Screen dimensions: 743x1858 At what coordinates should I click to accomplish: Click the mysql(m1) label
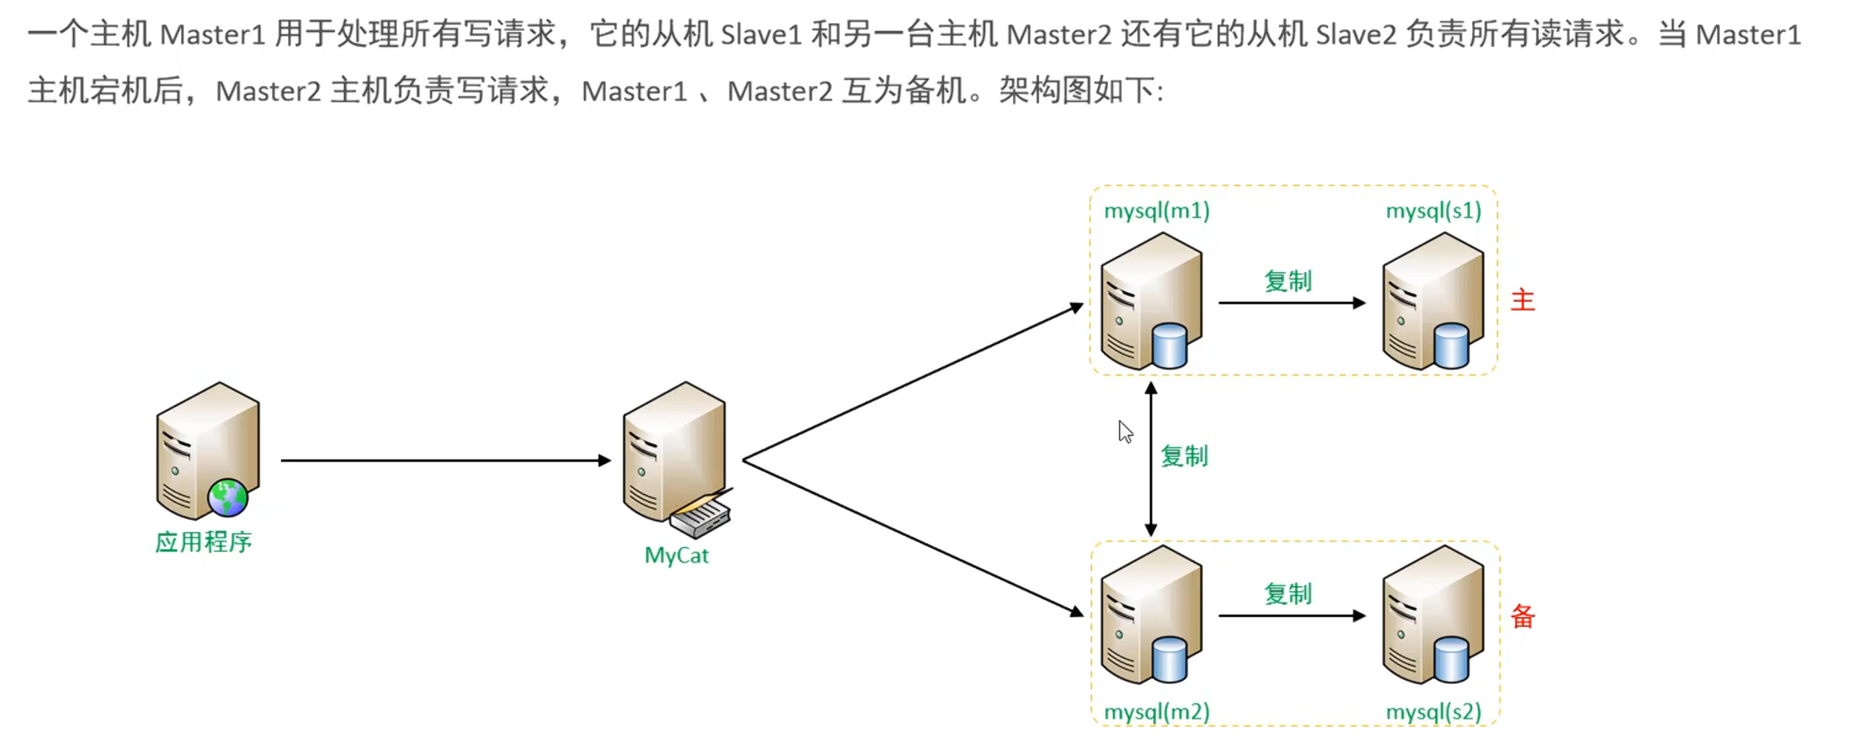pyautogui.click(x=1157, y=211)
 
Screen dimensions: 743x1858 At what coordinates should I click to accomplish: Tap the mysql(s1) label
pyautogui.click(x=1434, y=211)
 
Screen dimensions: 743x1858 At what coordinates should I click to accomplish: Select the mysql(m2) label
pyautogui.click(x=1157, y=712)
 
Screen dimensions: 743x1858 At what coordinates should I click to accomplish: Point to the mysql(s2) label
pyautogui.click(x=1434, y=712)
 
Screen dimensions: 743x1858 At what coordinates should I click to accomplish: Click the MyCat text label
pyautogui.click(x=676, y=555)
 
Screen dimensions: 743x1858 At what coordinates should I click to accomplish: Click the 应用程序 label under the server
pyautogui.click(x=204, y=542)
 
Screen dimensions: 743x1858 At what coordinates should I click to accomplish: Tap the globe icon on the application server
pyautogui.click(x=227, y=497)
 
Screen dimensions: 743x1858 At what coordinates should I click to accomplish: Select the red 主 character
pyautogui.click(x=1522, y=300)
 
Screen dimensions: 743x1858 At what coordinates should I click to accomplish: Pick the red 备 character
pyautogui.click(x=1522, y=616)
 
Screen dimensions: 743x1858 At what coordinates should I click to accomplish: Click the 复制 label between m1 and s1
pyautogui.click(x=1287, y=281)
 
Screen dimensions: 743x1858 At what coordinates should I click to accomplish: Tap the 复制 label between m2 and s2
pyautogui.click(x=1287, y=594)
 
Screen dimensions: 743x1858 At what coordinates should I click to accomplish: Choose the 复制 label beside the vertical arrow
pyautogui.click(x=1184, y=456)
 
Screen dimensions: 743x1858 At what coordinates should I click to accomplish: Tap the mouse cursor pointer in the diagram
pyautogui.click(x=1124, y=431)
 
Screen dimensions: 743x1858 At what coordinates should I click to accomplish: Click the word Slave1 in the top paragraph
pyautogui.click(x=761, y=35)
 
